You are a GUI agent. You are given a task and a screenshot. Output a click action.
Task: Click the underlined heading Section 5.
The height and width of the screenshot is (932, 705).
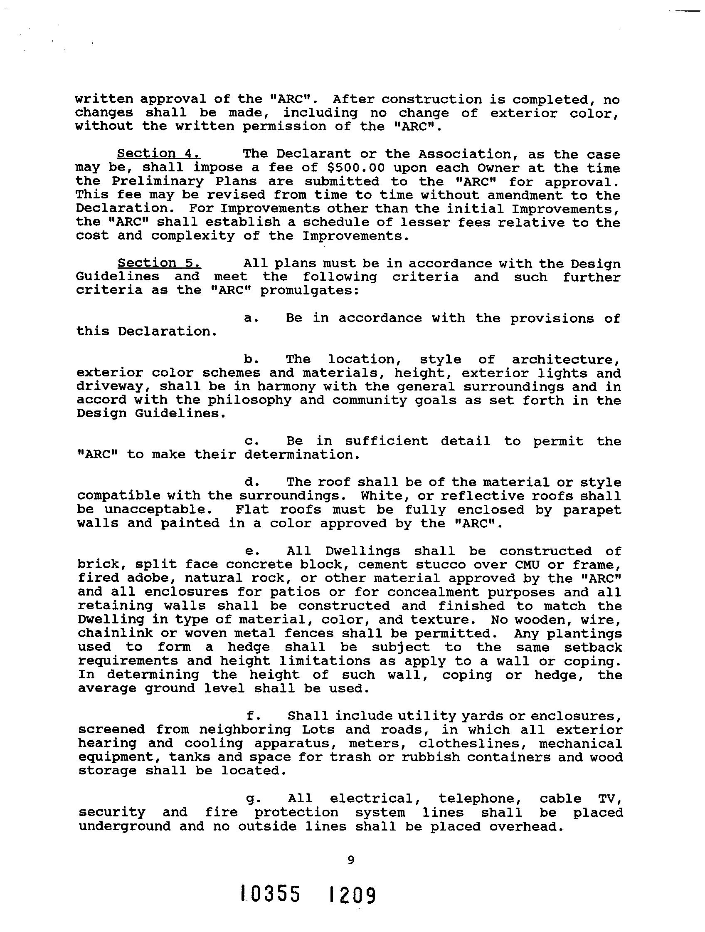coord(159,263)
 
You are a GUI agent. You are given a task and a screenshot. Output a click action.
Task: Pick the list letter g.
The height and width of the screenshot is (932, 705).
coord(254,799)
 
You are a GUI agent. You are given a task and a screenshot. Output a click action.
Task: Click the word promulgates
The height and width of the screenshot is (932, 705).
coord(309,291)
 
